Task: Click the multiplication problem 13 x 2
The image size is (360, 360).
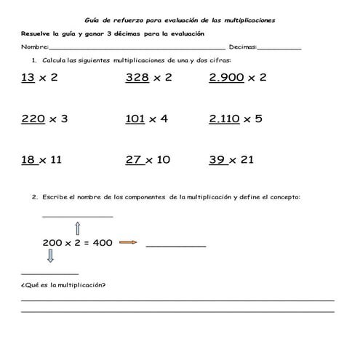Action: tap(40, 78)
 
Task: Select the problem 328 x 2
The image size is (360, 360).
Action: tap(148, 78)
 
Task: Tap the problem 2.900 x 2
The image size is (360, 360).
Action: tap(237, 78)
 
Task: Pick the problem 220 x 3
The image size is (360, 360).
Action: tap(44, 119)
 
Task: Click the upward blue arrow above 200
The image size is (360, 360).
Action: tap(78, 228)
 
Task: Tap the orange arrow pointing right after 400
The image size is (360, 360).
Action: tap(128, 243)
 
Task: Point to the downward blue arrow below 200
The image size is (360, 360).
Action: tap(51, 257)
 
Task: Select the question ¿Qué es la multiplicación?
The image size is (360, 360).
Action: tap(64, 284)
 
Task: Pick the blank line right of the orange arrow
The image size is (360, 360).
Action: tap(176, 246)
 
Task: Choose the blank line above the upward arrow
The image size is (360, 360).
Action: tap(78, 216)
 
